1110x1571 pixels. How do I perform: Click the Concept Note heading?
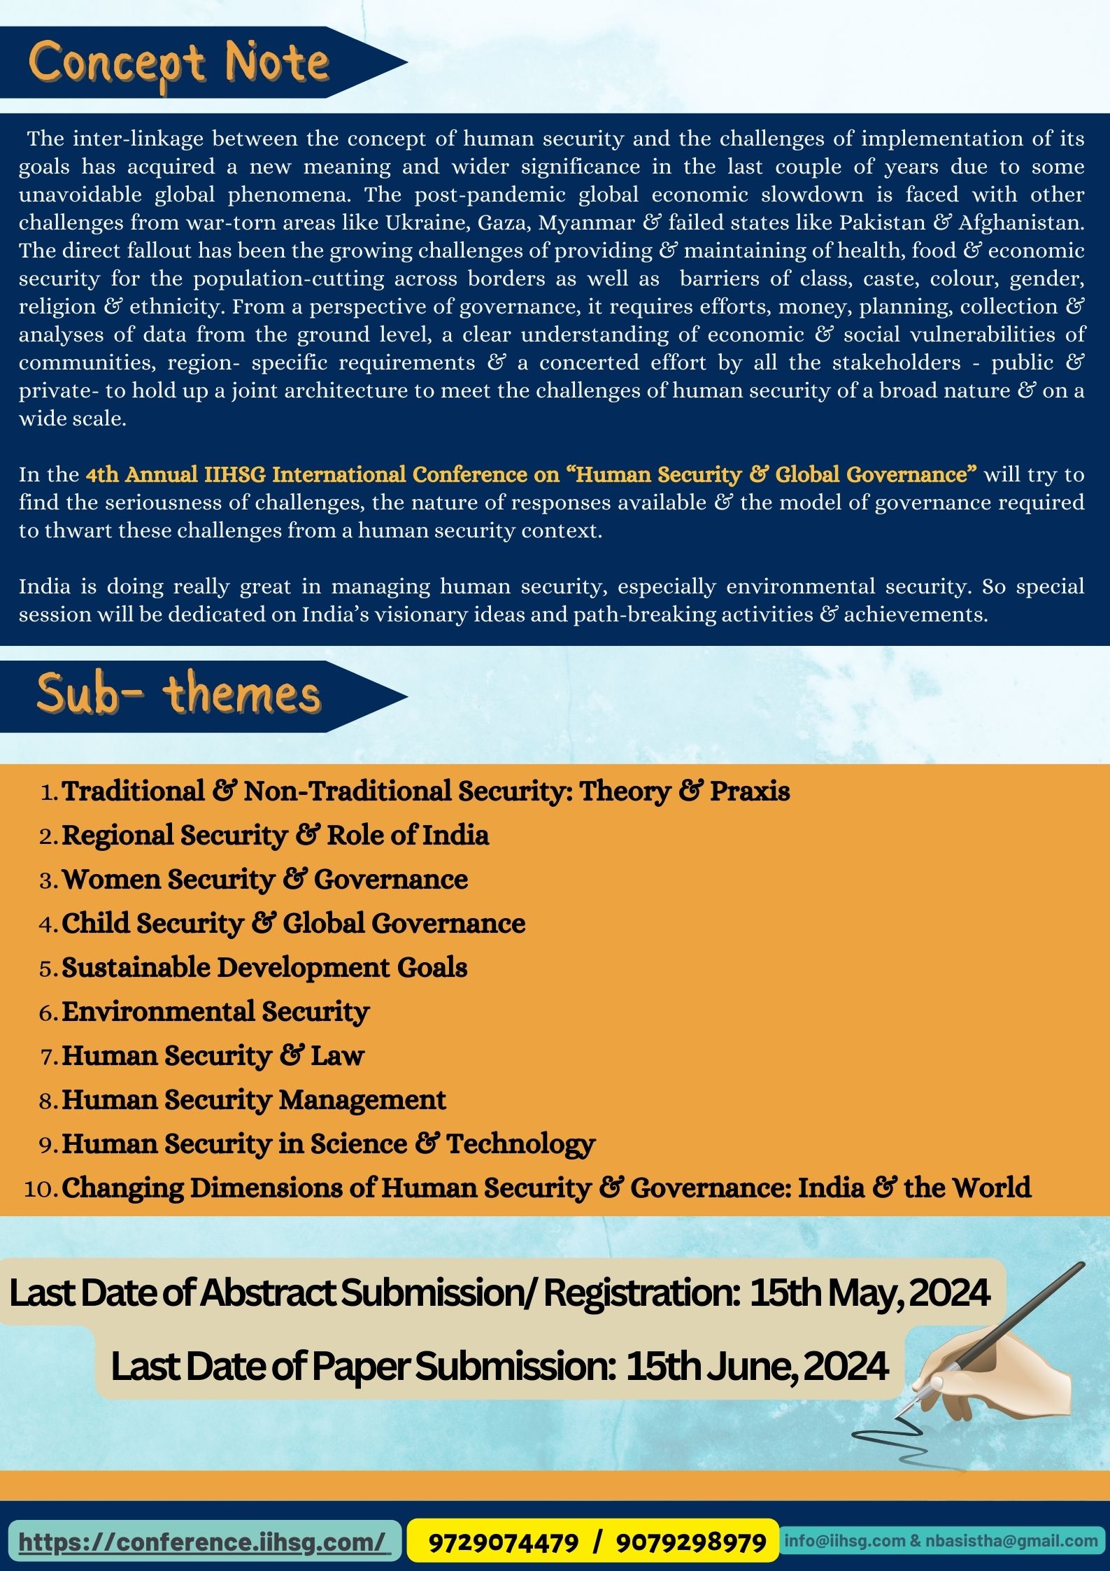point(179,64)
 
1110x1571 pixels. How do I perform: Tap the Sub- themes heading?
point(179,695)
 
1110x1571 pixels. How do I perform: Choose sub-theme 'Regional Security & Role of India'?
point(275,836)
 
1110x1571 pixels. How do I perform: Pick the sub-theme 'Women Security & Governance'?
point(264,880)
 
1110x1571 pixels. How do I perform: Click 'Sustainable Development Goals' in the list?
point(264,968)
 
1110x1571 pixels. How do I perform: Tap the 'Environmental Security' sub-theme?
point(215,1012)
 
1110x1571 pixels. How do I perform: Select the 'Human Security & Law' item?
point(213,1056)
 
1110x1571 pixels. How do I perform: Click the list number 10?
point(41,1189)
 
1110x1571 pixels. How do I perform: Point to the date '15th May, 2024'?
point(869,1293)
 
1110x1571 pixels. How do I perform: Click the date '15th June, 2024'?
point(757,1366)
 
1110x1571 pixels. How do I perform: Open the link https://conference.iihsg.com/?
point(202,1542)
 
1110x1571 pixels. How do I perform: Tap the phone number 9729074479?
point(503,1542)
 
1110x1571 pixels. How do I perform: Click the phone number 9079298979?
point(690,1542)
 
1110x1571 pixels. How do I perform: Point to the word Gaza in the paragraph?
point(504,223)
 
